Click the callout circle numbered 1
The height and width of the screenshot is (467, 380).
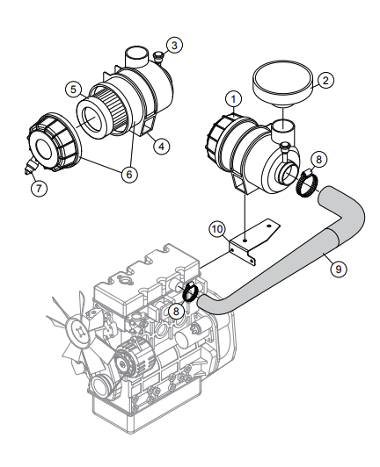232,99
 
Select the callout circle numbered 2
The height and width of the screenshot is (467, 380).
325,81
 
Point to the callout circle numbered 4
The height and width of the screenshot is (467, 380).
162,147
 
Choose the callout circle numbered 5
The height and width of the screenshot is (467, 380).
74,90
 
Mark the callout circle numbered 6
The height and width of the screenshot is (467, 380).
129,174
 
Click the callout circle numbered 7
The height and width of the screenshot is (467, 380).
37,187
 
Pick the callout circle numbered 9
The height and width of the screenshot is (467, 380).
337,269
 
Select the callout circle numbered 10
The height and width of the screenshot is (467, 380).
216,228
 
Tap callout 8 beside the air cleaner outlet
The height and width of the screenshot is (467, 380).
319,159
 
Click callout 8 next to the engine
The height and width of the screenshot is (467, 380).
178,310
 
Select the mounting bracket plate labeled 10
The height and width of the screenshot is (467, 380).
251,238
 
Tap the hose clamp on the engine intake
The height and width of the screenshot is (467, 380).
191,292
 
